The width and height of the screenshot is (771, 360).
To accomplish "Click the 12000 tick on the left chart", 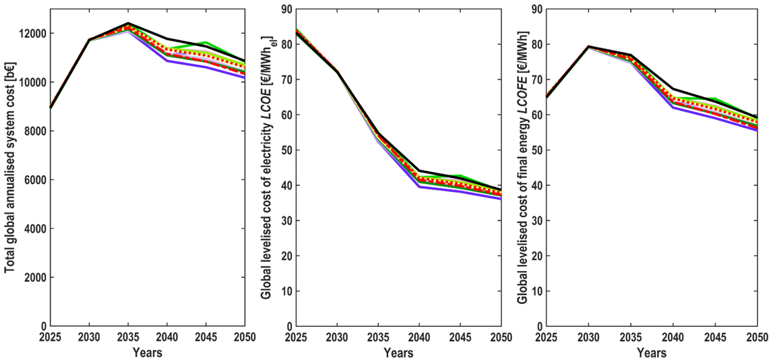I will click(x=32, y=33).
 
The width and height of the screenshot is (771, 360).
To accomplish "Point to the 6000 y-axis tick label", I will click(x=35, y=180).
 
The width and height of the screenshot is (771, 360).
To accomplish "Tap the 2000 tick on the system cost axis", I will click(x=35, y=278).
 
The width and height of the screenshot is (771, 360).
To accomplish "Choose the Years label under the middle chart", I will click(x=399, y=352).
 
